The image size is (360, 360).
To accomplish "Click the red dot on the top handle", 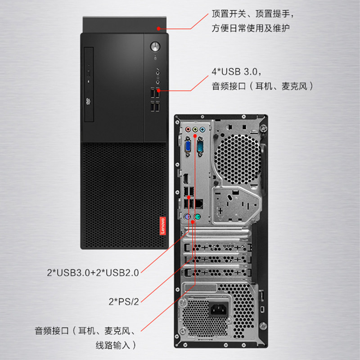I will (x=158, y=28).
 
